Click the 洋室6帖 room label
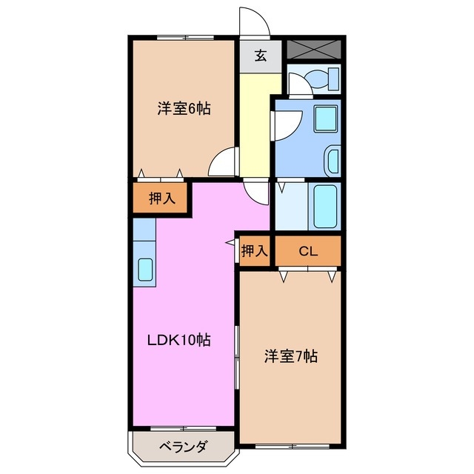click(x=184, y=109)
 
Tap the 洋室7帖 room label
click(x=291, y=357)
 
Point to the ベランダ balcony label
click(x=182, y=447)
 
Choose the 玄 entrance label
click(x=261, y=56)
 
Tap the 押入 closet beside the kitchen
click(x=161, y=198)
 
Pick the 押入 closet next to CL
click(x=254, y=251)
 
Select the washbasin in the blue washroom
click(x=333, y=160)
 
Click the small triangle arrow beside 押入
click(x=230, y=243)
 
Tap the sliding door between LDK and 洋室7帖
click(x=236, y=356)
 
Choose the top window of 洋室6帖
click(x=185, y=37)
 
